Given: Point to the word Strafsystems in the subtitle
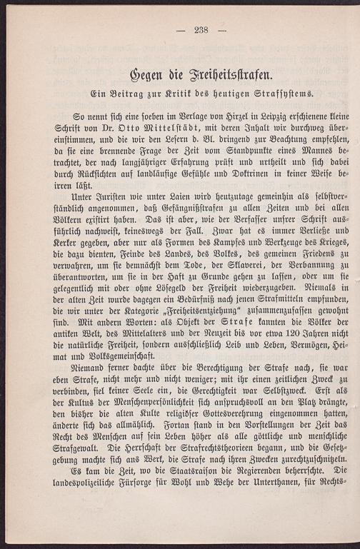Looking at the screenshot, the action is point(276,94).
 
